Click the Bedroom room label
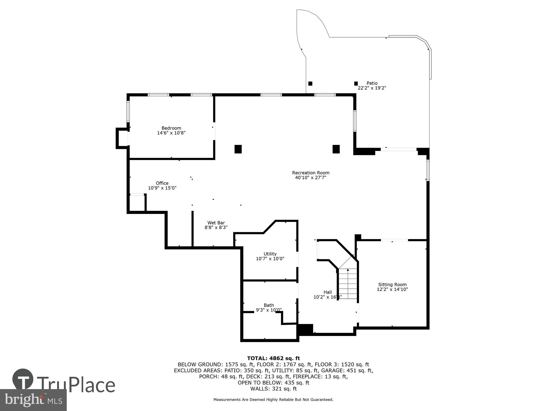(x=171, y=128)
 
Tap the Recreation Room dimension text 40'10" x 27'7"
(x=310, y=178)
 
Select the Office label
(x=162, y=183)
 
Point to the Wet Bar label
(x=216, y=223)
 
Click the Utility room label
(x=270, y=254)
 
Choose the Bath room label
(x=269, y=305)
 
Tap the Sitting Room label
(x=392, y=284)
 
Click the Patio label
(x=372, y=83)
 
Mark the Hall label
(x=327, y=292)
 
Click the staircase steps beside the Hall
(x=348, y=284)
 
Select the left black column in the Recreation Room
(x=238, y=149)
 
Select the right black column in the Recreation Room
(x=336, y=149)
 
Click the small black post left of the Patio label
(x=356, y=83)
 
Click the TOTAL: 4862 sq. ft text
(x=273, y=358)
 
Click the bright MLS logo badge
(x=33, y=400)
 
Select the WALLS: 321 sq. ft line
(x=273, y=389)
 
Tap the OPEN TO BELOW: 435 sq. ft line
(x=273, y=383)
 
